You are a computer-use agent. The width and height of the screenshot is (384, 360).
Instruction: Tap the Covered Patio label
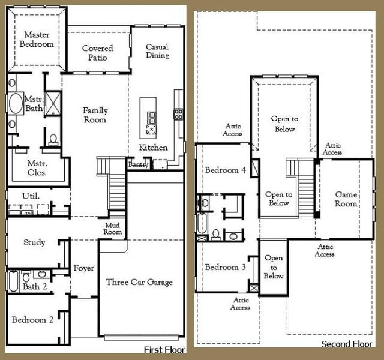(98, 53)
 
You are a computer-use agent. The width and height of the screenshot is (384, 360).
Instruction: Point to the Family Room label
(95, 115)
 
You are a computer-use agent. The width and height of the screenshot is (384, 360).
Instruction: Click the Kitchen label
(153, 148)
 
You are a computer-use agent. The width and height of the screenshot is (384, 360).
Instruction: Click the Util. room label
(31, 196)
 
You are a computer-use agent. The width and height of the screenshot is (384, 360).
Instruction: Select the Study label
(34, 243)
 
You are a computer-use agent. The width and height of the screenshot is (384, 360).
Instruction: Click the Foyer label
(84, 268)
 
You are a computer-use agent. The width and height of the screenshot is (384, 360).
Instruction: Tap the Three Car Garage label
(139, 282)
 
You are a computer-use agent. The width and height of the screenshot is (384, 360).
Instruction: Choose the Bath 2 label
(35, 286)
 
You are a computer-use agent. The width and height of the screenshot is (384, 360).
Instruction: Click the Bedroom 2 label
(33, 320)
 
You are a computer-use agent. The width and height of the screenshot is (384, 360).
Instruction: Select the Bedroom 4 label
(226, 170)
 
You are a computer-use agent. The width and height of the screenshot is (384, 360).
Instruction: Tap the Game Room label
(346, 199)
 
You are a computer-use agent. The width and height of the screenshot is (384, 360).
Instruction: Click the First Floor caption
(164, 349)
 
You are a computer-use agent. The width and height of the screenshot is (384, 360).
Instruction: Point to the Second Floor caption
(346, 344)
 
